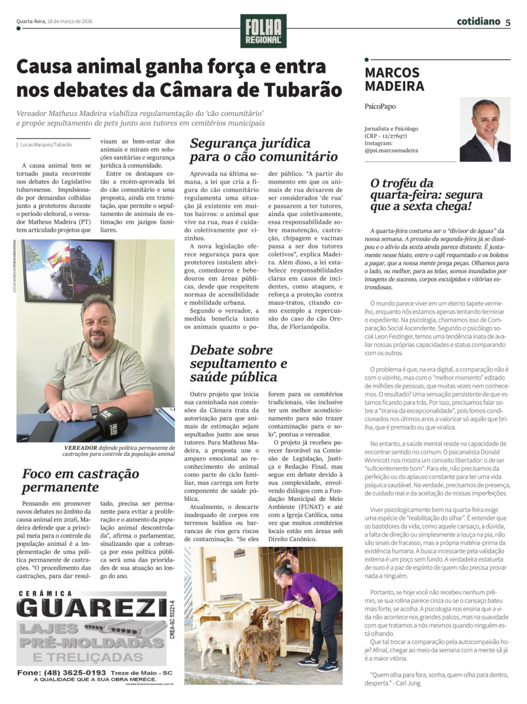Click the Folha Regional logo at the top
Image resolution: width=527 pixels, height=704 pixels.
(x=263, y=31)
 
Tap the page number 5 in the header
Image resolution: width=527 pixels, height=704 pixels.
(x=508, y=22)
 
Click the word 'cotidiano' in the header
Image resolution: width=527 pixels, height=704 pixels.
(x=478, y=22)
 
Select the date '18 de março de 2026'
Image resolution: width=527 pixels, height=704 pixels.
(x=70, y=22)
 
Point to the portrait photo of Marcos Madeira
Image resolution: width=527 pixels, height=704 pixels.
(x=485, y=129)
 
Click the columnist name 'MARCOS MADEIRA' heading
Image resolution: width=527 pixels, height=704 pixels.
(x=394, y=79)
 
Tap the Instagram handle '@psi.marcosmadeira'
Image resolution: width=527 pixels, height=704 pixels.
(x=391, y=151)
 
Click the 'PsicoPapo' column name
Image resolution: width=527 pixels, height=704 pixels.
(x=380, y=107)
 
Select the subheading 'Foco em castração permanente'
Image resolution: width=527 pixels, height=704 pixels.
(x=80, y=480)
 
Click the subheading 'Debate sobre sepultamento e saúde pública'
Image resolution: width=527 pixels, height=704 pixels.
(x=238, y=363)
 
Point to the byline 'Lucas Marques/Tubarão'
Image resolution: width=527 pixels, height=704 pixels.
(x=46, y=144)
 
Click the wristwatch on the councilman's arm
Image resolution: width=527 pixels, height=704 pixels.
(x=94, y=410)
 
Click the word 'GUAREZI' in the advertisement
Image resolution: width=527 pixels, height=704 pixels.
(x=91, y=609)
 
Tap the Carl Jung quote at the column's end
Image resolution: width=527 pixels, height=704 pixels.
(x=437, y=679)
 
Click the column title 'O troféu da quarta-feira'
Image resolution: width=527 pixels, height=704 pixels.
(x=426, y=195)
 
